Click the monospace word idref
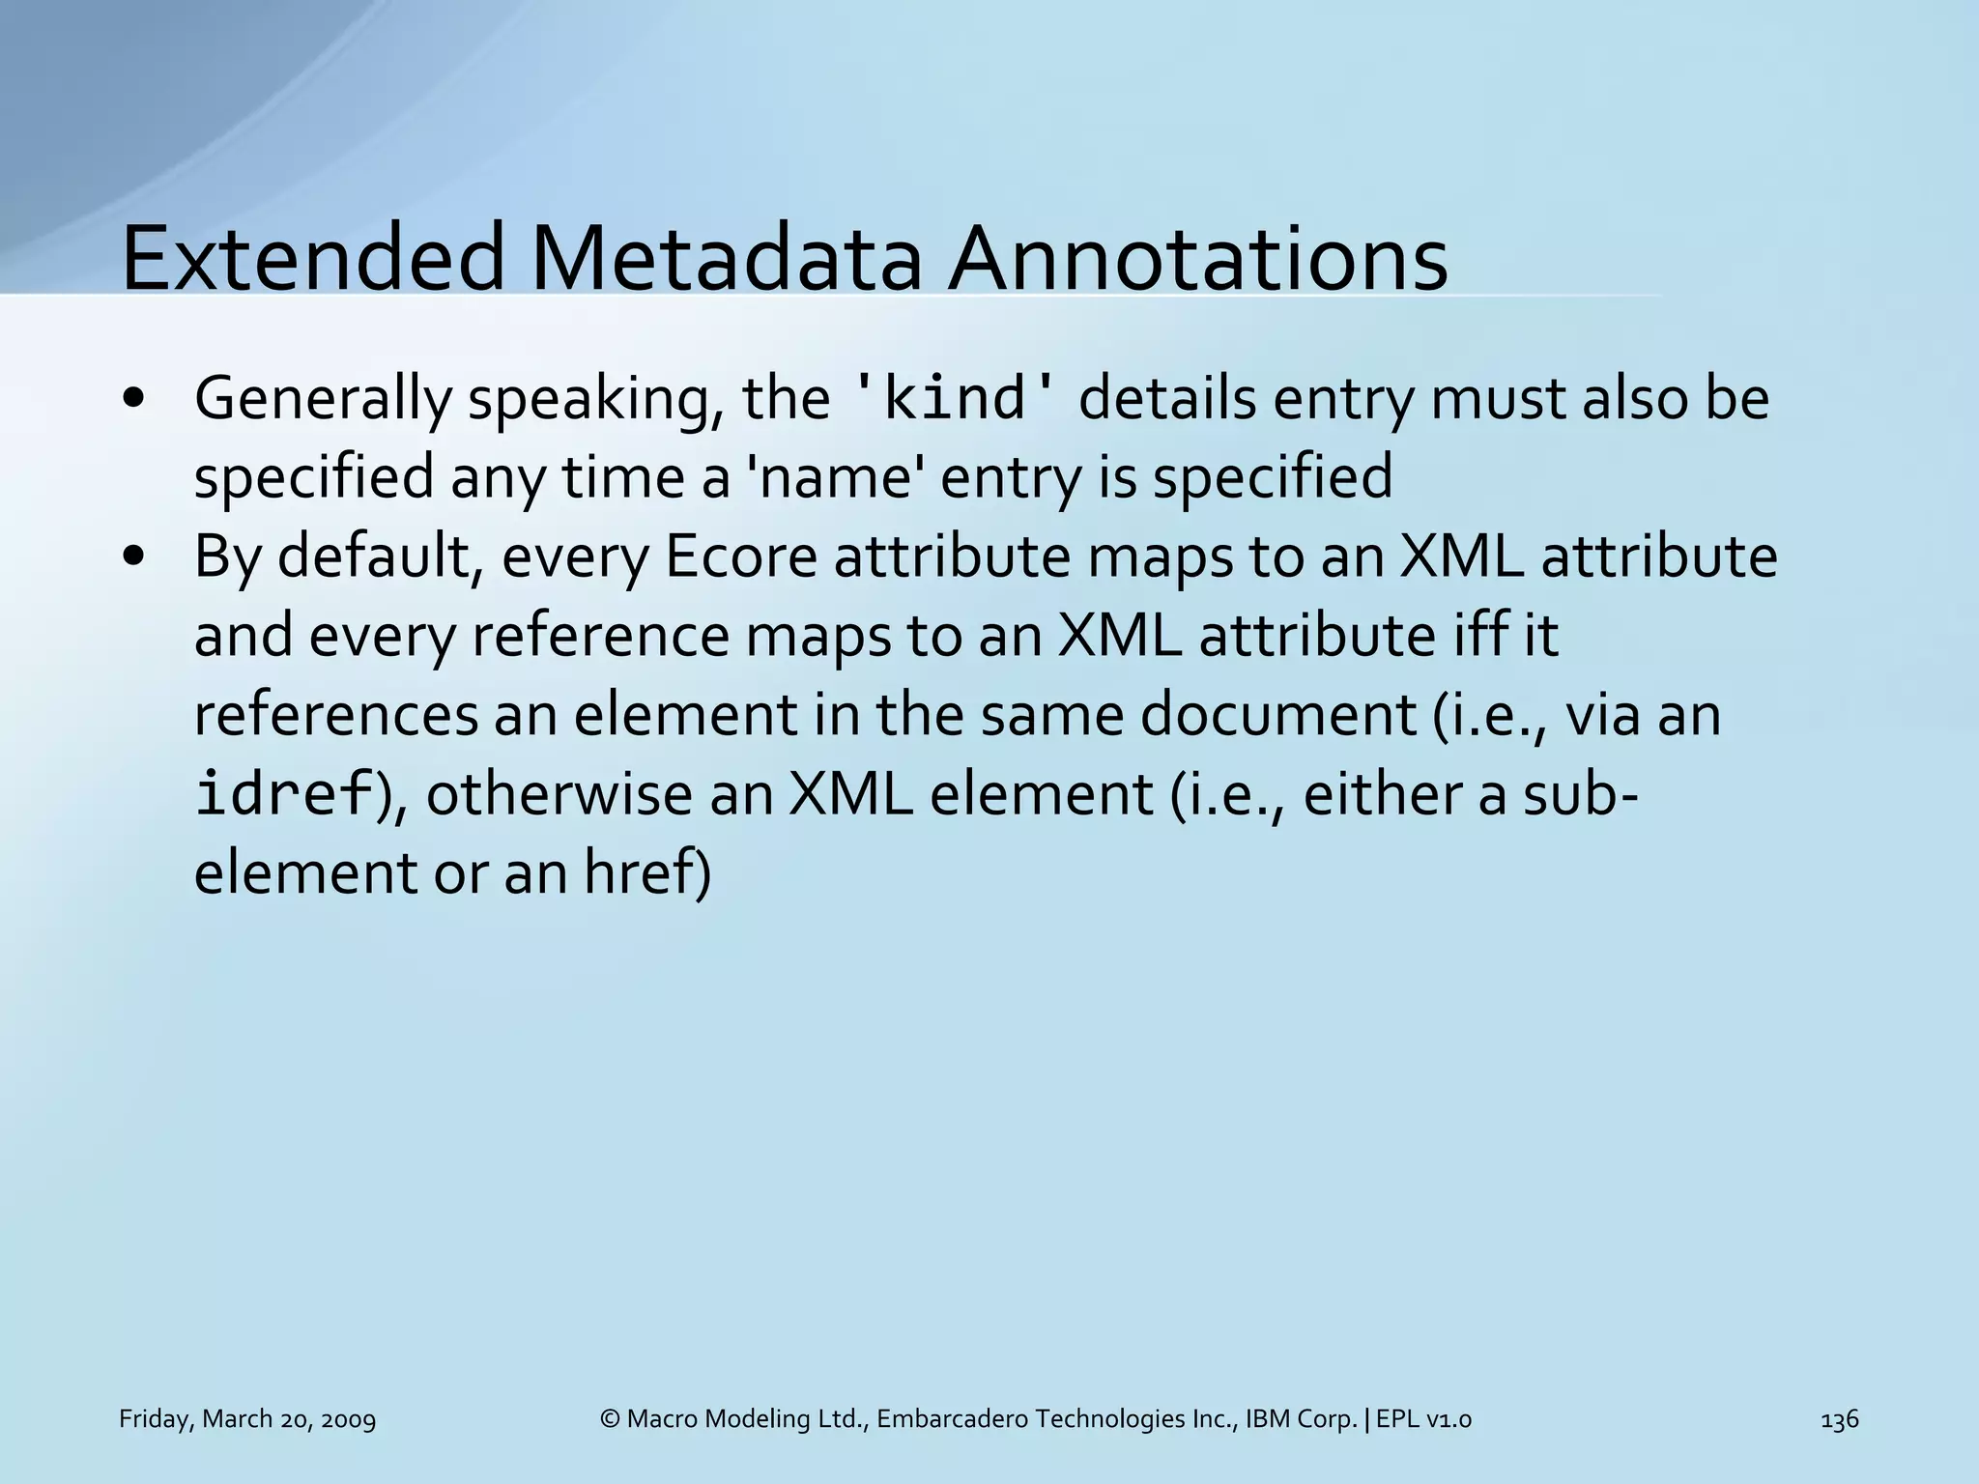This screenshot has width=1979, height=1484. (283, 794)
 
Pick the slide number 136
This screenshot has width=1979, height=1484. (1839, 1419)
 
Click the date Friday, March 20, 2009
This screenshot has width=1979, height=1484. (247, 1419)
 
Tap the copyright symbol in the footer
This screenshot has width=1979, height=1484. (609, 1419)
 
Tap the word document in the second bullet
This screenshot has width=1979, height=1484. (1276, 715)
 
